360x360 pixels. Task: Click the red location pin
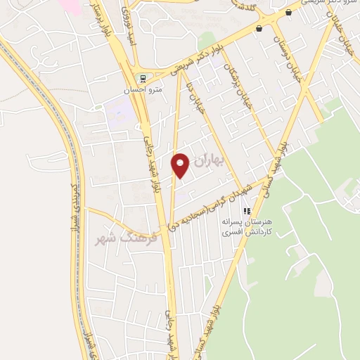point(181,165)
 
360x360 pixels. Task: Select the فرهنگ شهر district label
point(126,237)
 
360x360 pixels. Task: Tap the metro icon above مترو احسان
point(143,78)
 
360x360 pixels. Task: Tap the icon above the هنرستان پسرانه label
point(247,211)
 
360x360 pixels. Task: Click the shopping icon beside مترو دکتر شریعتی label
point(288,12)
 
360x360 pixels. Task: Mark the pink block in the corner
point(70,6)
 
